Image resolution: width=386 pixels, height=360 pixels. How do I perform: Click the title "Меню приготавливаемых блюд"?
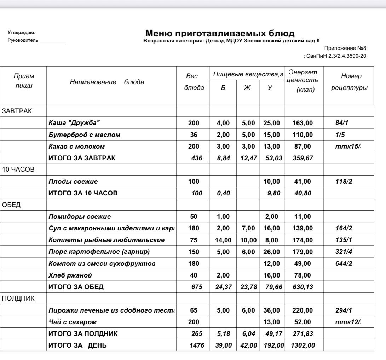[x=220, y=34]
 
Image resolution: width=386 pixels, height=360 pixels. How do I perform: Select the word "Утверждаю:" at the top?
[x=22, y=33]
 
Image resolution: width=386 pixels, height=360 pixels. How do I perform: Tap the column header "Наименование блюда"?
[x=107, y=82]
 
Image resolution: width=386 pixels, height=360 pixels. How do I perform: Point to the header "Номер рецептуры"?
[x=348, y=82]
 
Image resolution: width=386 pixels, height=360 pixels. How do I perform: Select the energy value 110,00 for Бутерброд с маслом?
[x=303, y=135]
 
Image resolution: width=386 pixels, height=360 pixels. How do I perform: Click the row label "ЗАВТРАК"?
[x=17, y=111]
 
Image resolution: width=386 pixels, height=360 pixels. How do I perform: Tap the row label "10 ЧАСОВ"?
[x=18, y=170]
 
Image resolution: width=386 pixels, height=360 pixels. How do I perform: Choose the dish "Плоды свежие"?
[x=73, y=182]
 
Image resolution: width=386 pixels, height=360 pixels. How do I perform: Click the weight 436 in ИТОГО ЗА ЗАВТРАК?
[x=196, y=158]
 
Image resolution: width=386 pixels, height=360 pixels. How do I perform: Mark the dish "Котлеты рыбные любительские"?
[x=106, y=240]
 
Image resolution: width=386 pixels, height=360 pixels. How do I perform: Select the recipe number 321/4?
[x=344, y=252]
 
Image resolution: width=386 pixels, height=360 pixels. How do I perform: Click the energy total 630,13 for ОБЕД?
[x=303, y=287]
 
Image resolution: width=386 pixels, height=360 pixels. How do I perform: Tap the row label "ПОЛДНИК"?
[x=18, y=298]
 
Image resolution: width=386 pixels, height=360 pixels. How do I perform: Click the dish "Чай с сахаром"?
[x=73, y=322]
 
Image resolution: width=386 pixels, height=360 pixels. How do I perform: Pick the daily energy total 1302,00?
[x=303, y=345]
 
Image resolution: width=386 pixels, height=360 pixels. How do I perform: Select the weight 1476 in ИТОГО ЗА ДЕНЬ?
[x=197, y=345]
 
